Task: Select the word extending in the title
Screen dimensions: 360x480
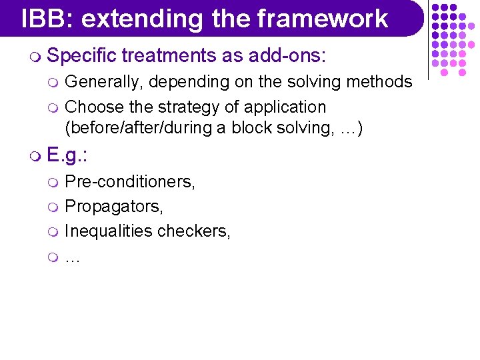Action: [x=143, y=18]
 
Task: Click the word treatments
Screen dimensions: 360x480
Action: [x=171, y=56]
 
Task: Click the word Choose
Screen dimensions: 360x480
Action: [x=93, y=107]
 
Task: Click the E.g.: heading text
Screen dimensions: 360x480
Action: [x=69, y=156]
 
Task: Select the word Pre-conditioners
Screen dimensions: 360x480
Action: [x=130, y=181]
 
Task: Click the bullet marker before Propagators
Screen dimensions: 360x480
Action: [x=56, y=207]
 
